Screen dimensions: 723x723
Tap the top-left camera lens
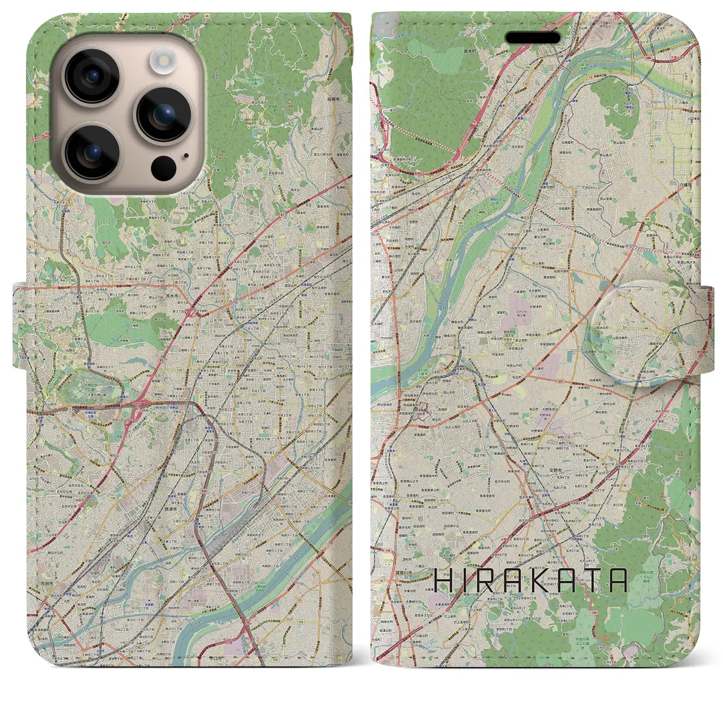click(91, 76)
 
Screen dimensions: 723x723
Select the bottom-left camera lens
click(91, 151)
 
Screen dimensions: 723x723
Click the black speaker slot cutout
click(532, 37)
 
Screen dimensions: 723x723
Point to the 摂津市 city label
click(159, 509)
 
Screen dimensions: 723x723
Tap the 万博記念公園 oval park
click(90, 387)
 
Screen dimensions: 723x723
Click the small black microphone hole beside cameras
click(186, 155)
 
